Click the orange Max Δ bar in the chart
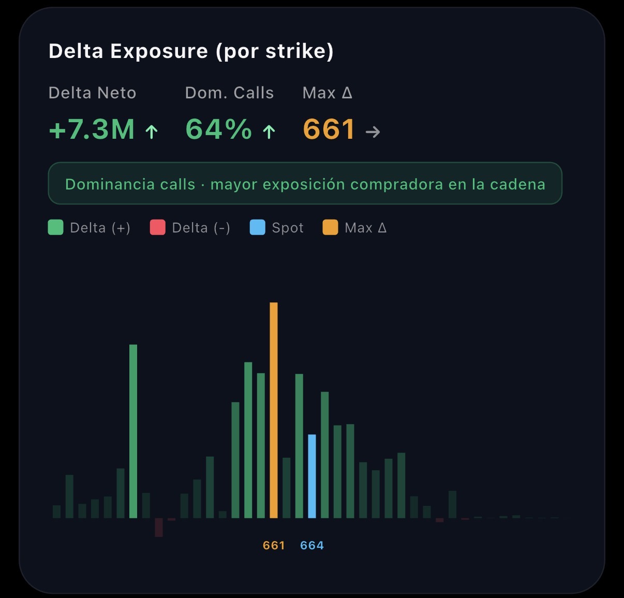(274, 410)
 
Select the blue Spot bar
(312, 476)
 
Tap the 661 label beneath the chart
(274, 545)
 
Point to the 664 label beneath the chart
(312, 545)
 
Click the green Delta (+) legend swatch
(55, 227)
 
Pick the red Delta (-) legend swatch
(157, 227)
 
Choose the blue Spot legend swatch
(257, 227)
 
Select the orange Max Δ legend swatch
(330, 227)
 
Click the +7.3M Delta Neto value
(92, 129)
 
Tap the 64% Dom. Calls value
(218, 129)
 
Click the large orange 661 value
(329, 129)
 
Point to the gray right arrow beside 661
(373, 132)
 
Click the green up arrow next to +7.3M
(152, 132)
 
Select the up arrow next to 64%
(269, 132)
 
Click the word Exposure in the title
(159, 51)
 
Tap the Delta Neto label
(92, 93)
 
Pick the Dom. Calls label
(229, 93)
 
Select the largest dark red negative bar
(159, 527)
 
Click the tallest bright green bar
(133, 431)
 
